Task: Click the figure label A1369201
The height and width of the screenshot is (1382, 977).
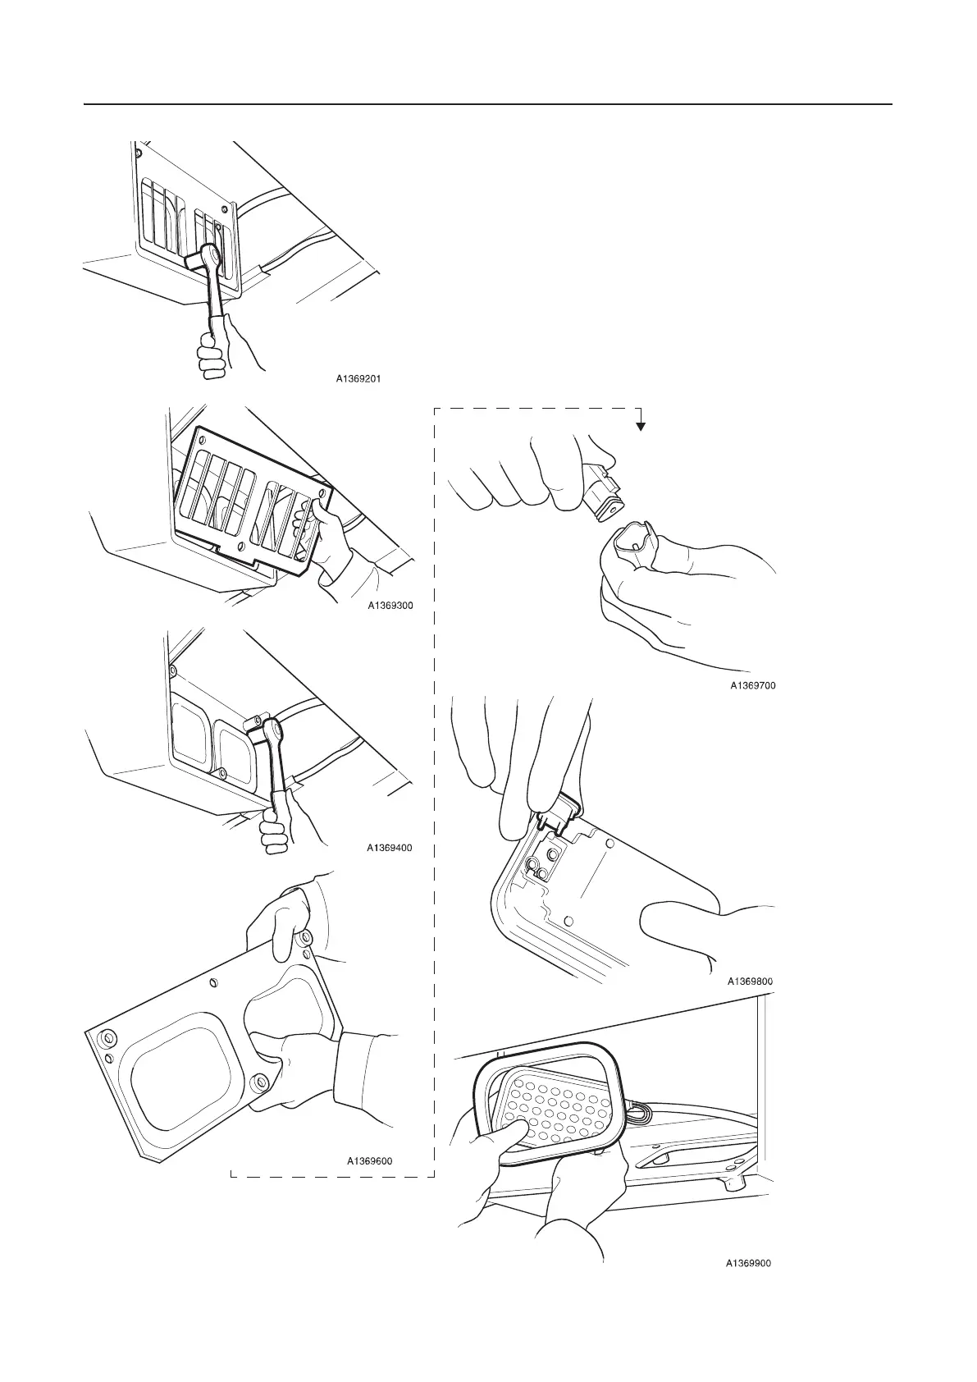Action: pos(358,379)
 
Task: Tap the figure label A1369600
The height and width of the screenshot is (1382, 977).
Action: pos(369,1160)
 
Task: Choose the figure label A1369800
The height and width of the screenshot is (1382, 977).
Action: pos(750,981)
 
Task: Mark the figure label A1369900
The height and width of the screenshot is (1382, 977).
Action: pos(748,1287)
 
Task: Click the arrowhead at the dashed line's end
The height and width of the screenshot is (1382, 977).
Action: pos(641,427)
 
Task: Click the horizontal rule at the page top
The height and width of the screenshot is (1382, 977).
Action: pos(488,105)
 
